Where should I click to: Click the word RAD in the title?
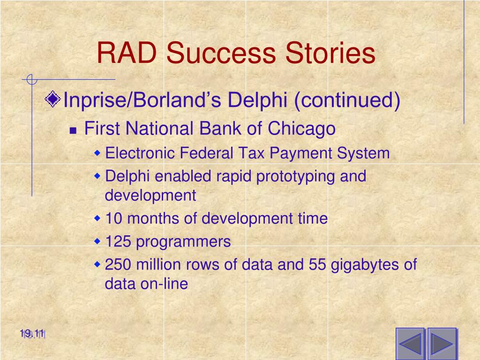pos(127,52)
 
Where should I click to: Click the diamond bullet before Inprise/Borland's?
pos(52,99)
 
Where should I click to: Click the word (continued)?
pos(347,100)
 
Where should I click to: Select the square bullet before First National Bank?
pos(73,131)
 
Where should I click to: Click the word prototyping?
pos(295,177)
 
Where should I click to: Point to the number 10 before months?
pos(113,218)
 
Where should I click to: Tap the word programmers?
pos(183,242)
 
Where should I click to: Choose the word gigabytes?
pos(365,265)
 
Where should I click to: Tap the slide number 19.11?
pos(32,333)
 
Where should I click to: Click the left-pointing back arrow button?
pos(410,344)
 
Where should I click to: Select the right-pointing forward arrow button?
pos(442,344)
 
